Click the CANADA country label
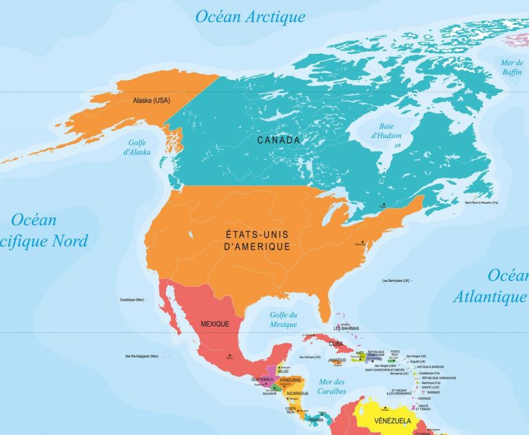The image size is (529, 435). coord(278,140)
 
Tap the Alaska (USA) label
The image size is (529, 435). coord(151,101)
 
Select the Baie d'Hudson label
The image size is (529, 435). coord(386,131)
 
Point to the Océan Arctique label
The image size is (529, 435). coord(249,17)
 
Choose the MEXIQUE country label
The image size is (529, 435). coord(215,323)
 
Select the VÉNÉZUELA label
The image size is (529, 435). coord(393,420)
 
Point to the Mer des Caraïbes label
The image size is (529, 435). coord(331,387)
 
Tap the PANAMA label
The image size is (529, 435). coord(315,420)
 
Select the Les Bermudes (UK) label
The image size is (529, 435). coord(395,281)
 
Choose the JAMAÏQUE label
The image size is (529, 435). coord(337,360)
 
